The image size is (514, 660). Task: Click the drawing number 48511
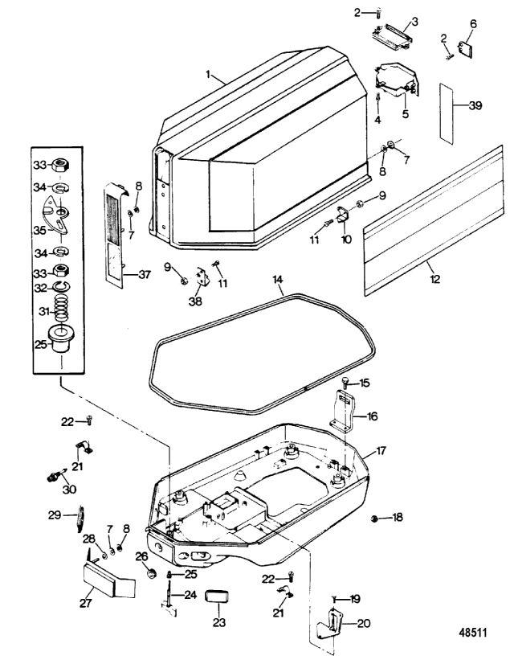click(x=473, y=633)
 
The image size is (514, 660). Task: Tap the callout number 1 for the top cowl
click(x=208, y=74)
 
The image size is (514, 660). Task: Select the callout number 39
click(x=475, y=105)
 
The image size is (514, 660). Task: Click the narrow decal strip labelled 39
click(x=447, y=113)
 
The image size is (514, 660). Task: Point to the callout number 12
click(x=435, y=279)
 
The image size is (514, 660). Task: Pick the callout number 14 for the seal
click(x=278, y=280)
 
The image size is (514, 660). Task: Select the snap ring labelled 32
click(x=61, y=286)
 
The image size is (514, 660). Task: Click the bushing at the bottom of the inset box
click(x=61, y=338)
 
